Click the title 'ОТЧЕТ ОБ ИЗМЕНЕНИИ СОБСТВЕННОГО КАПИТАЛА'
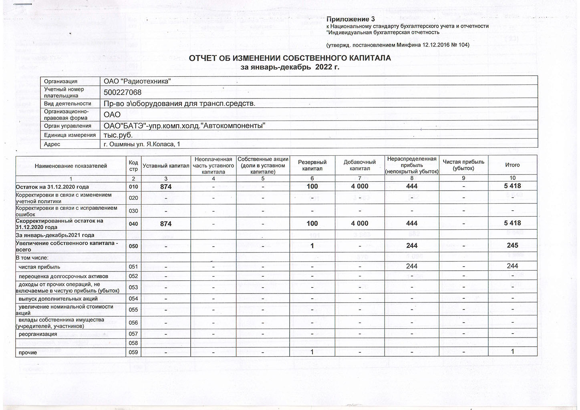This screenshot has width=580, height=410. pyautogui.click(x=290, y=58)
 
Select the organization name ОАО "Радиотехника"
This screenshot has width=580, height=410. pyautogui.click(x=137, y=81)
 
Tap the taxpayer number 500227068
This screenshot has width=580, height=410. pyautogui.click(x=123, y=92)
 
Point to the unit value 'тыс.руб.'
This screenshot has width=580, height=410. pyautogui.click(x=118, y=135)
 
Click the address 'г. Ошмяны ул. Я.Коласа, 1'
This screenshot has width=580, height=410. pyautogui.click(x=142, y=144)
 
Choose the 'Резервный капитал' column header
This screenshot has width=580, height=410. pyautogui.click(x=312, y=165)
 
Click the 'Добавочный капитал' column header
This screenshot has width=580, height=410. pyautogui.click(x=360, y=165)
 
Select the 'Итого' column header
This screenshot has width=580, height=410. pyautogui.click(x=512, y=165)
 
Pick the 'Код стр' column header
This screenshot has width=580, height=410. pyautogui.click(x=133, y=165)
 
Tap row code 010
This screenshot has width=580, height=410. pyautogui.click(x=133, y=187)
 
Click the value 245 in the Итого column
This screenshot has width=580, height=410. pyautogui.click(x=512, y=245)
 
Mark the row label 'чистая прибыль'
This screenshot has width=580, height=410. pyautogui.click(x=39, y=267)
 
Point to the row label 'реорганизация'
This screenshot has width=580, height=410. pyautogui.click(x=38, y=334)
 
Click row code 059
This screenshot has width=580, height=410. pyautogui.click(x=133, y=352)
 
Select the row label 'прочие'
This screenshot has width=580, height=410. pyautogui.click(x=28, y=352)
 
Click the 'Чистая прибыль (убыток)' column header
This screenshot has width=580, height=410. pyautogui.click(x=463, y=165)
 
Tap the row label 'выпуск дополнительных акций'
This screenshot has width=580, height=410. pyautogui.click(x=58, y=299)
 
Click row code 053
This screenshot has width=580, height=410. pyautogui.click(x=133, y=287)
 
